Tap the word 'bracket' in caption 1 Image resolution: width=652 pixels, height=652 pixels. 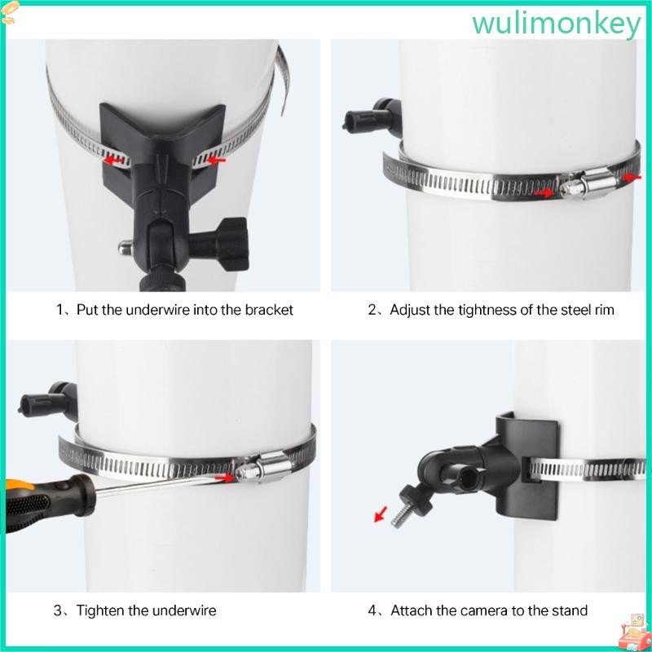pyautogui.click(x=270, y=310)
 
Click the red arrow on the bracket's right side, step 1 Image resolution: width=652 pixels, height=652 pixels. pyautogui.click(x=214, y=161)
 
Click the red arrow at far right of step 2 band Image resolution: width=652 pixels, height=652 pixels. pyautogui.click(x=628, y=177)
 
